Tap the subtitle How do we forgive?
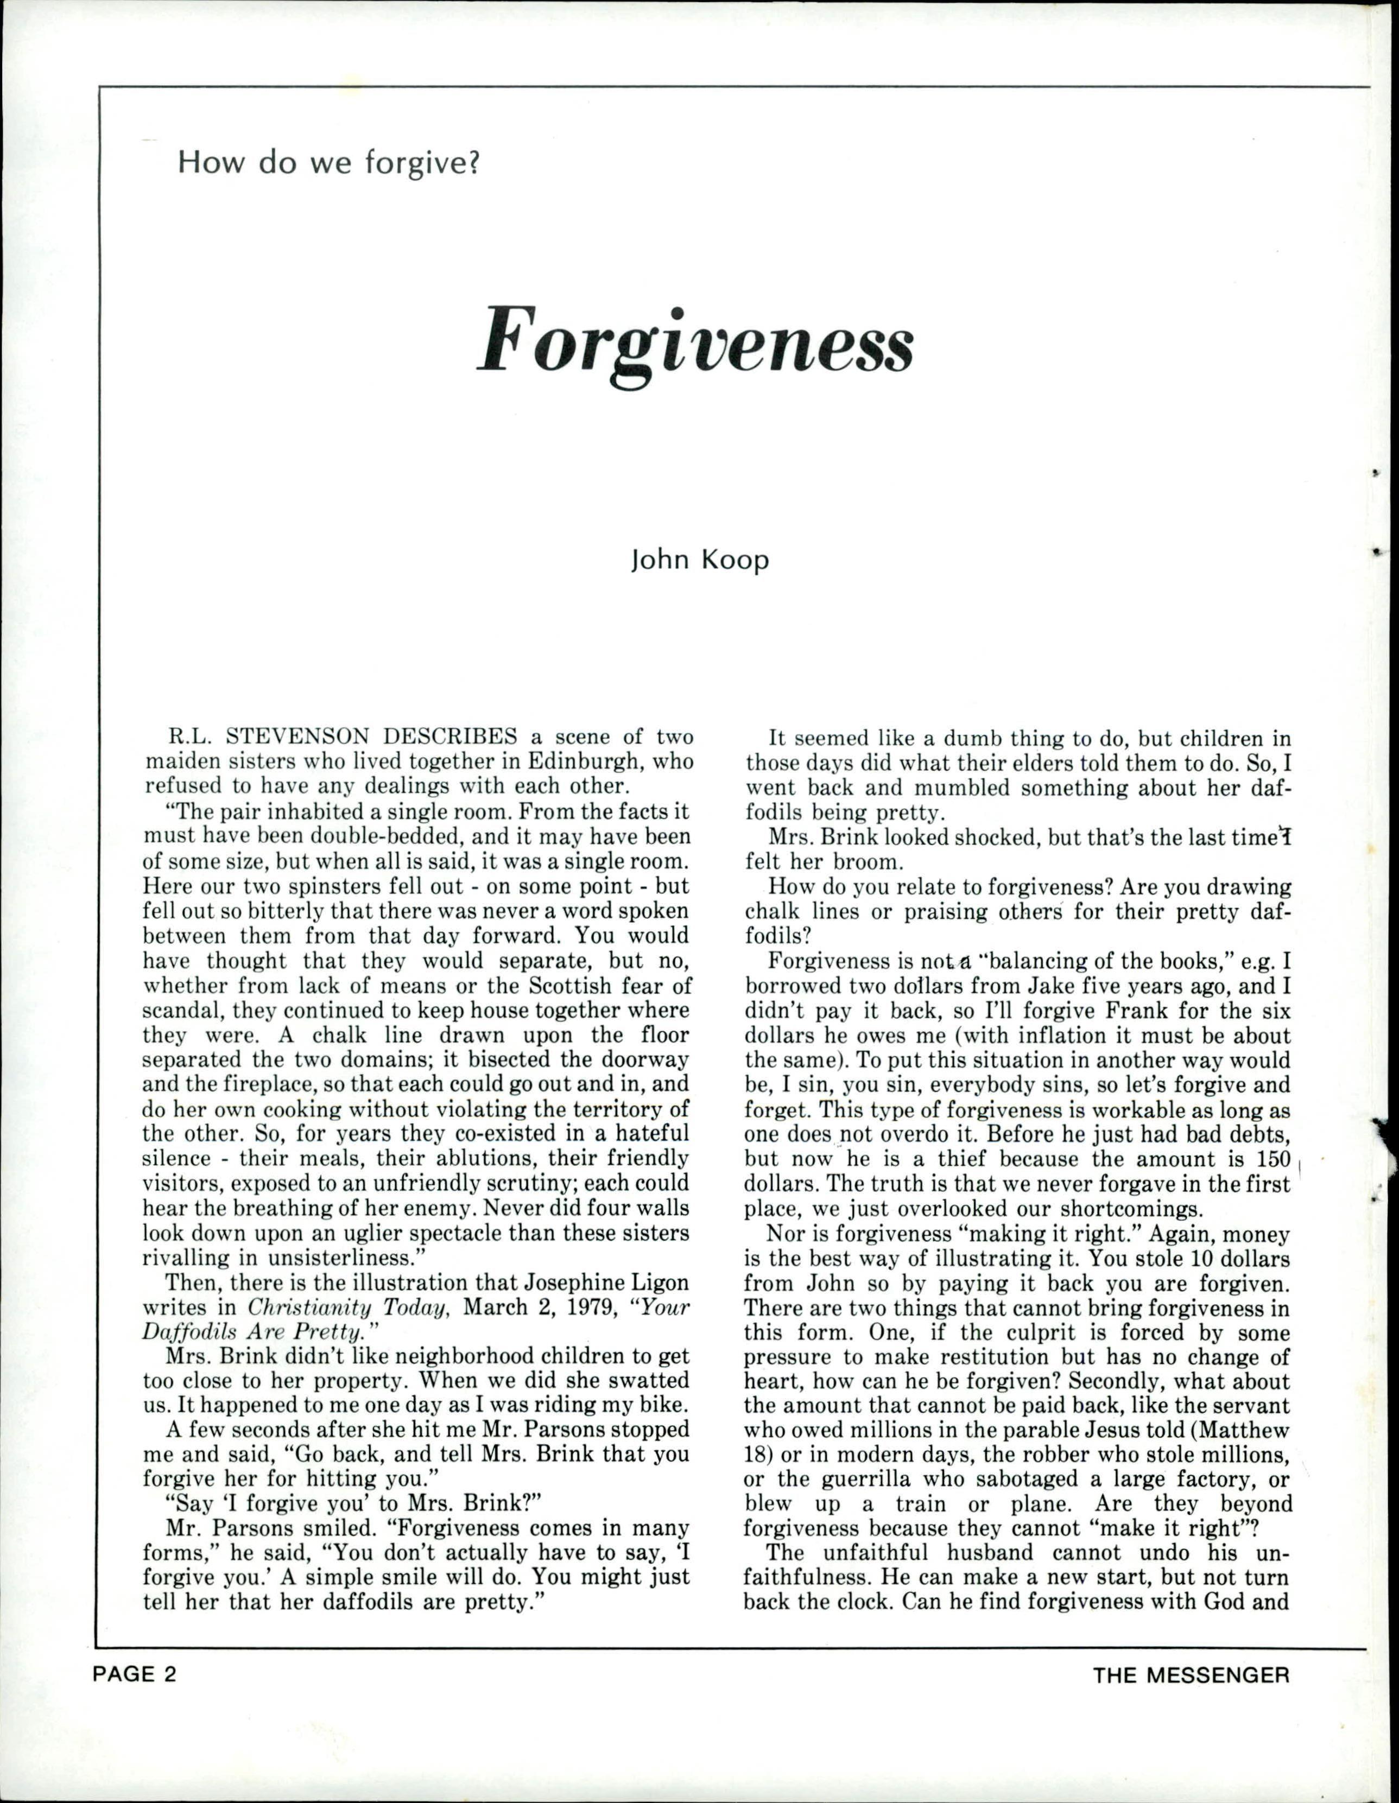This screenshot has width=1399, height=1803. [x=328, y=163]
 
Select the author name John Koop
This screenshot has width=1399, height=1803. [x=699, y=560]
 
